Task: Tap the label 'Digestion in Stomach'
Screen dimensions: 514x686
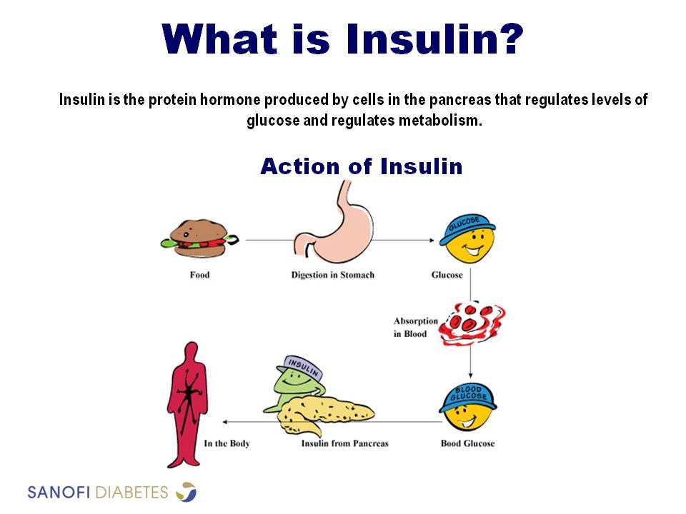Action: pyautogui.click(x=332, y=275)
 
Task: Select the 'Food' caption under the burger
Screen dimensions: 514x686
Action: pyautogui.click(x=199, y=275)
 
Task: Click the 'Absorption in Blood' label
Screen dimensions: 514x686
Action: pyautogui.click(x=411, y=328)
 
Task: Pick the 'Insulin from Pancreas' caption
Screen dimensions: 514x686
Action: pyautogui.click(x=344, y=443)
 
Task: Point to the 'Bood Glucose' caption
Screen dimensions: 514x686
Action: pyautogui.click(x=467, y=443)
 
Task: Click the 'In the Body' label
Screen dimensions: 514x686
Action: pyautogui.click(x=227, y=443)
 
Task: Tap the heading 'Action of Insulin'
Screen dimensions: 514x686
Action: pyautogui.click(x=361, y=167)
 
